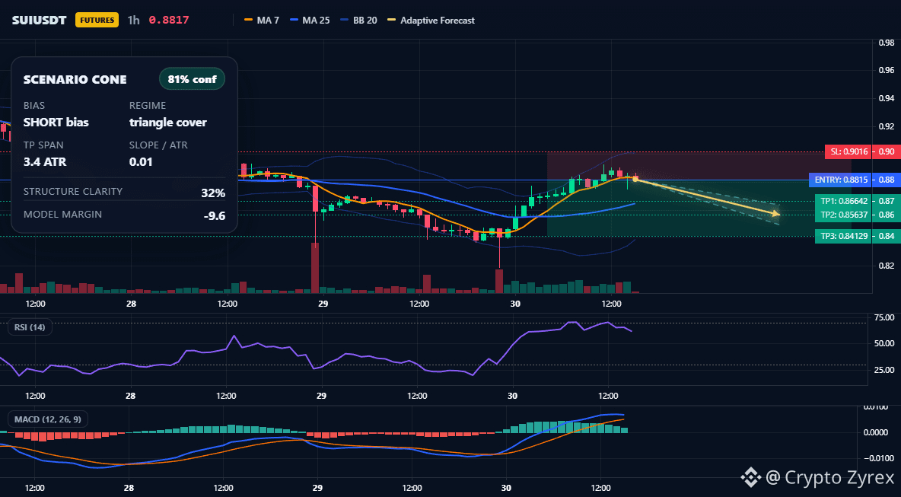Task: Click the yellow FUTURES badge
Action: (x=97, y=20)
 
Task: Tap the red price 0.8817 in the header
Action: (x=169, y=20)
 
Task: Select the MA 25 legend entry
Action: (x=310, y=20)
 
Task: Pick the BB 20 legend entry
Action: (x=358, y=20)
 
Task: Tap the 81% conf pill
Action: (x=192, y=79)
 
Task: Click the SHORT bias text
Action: (x=56, y=123)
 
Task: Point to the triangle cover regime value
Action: (x=167, y=123)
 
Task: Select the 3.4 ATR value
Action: (x=45, y=162)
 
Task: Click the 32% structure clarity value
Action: (x=213, y=193)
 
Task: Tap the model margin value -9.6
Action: (x=215, y=216)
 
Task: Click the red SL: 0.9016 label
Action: (x=848, y=151)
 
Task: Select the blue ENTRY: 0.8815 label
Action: (x=839, y=180)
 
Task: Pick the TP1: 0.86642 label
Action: (x=843, y=201)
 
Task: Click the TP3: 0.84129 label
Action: (x=843, y=236)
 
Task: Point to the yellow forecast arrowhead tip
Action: (x=780, y=215)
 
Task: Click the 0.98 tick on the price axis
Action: (x=887, y=43)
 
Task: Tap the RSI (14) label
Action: (x=30, y=327)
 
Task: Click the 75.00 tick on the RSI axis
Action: (x=883, y=317)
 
